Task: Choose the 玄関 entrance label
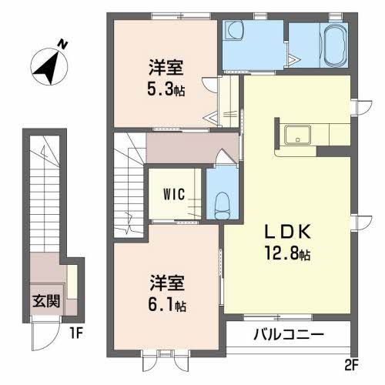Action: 44,299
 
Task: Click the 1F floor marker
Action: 75,335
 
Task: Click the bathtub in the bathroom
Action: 335,45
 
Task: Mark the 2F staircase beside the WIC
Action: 129,185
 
